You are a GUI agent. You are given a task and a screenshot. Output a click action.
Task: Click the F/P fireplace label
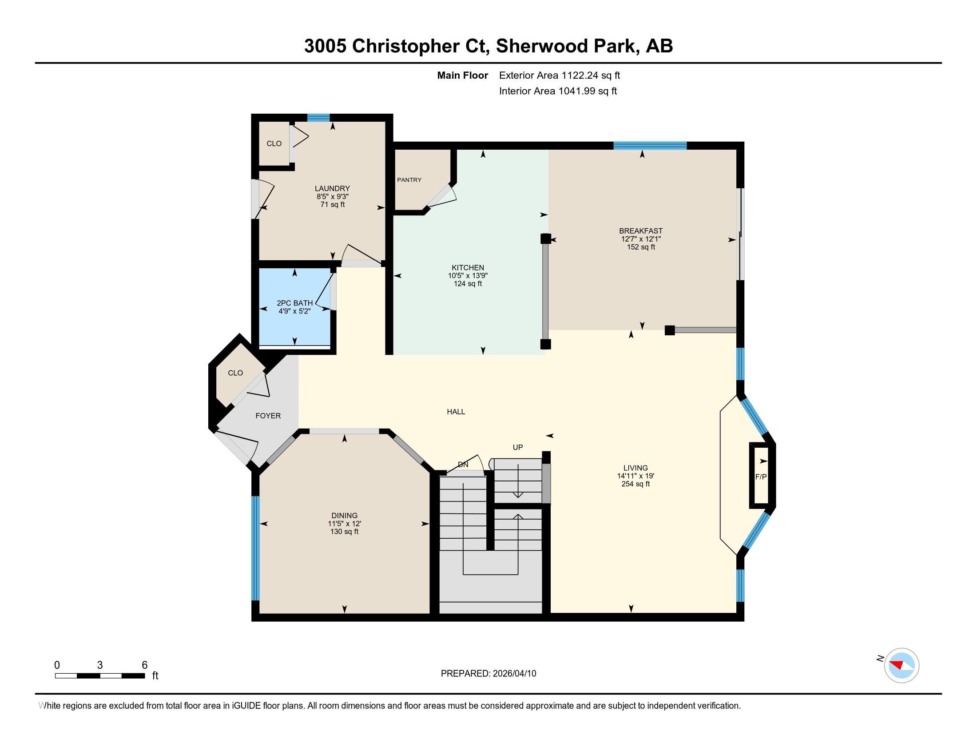pos(761,477)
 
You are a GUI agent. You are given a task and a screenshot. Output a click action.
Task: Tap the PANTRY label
pos(409,180)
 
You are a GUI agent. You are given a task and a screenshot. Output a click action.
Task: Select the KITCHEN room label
pos(468,267)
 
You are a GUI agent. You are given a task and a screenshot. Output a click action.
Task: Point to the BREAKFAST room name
pos(640,231)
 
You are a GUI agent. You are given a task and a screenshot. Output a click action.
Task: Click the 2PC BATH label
pos(294,303)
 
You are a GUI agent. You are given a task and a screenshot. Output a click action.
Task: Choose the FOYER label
pos(268,416)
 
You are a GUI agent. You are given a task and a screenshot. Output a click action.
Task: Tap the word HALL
pos(456,412)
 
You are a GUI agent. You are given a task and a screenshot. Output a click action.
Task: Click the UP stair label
pos(517,447)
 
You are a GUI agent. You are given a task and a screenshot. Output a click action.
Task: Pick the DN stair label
pos(463,465)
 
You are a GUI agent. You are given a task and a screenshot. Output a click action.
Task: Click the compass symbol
pos(902,665)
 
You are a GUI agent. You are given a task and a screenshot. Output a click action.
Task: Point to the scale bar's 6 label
pos(144,665)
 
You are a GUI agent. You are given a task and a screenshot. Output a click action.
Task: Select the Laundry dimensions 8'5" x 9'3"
pos(332,196)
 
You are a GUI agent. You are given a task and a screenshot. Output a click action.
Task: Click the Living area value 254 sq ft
pos(635,484)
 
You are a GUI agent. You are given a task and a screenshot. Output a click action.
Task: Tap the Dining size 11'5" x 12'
pos(345,523)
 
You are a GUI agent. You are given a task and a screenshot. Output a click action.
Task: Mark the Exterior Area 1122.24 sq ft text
pos(560,75)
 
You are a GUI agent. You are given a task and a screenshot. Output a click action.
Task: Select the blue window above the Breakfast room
pos(650,145)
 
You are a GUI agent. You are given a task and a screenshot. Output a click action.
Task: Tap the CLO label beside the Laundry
pos(274,143)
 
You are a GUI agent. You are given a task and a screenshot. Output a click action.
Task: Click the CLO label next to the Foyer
pos(235,373)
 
